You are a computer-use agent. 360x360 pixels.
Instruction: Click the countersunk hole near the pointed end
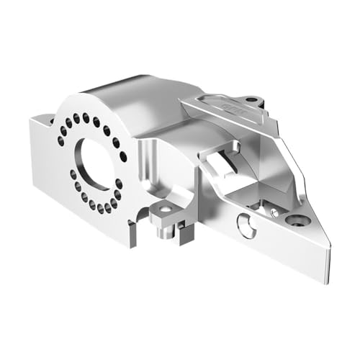point(297,220)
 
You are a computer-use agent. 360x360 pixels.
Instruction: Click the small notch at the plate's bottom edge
point(132,234)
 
